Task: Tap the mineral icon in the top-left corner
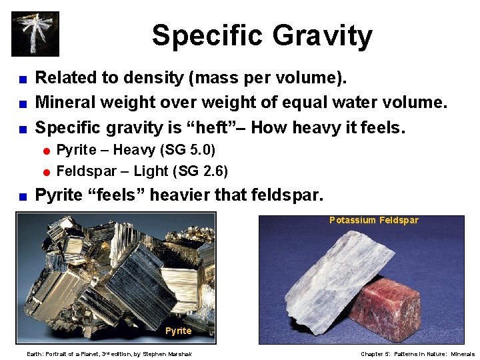pyautogui.click(x=35, y=33)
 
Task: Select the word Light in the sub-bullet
pyautogui.click(x=151, y=171)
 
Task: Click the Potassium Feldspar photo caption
pyautogui.click(x=373, y=220)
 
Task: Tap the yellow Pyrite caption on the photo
pyautogui.click(x=178, y=331)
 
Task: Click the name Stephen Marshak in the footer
pyautogui.click(x=173, y=354)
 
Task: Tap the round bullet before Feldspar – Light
pyautogui.click(x=47, y=172)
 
